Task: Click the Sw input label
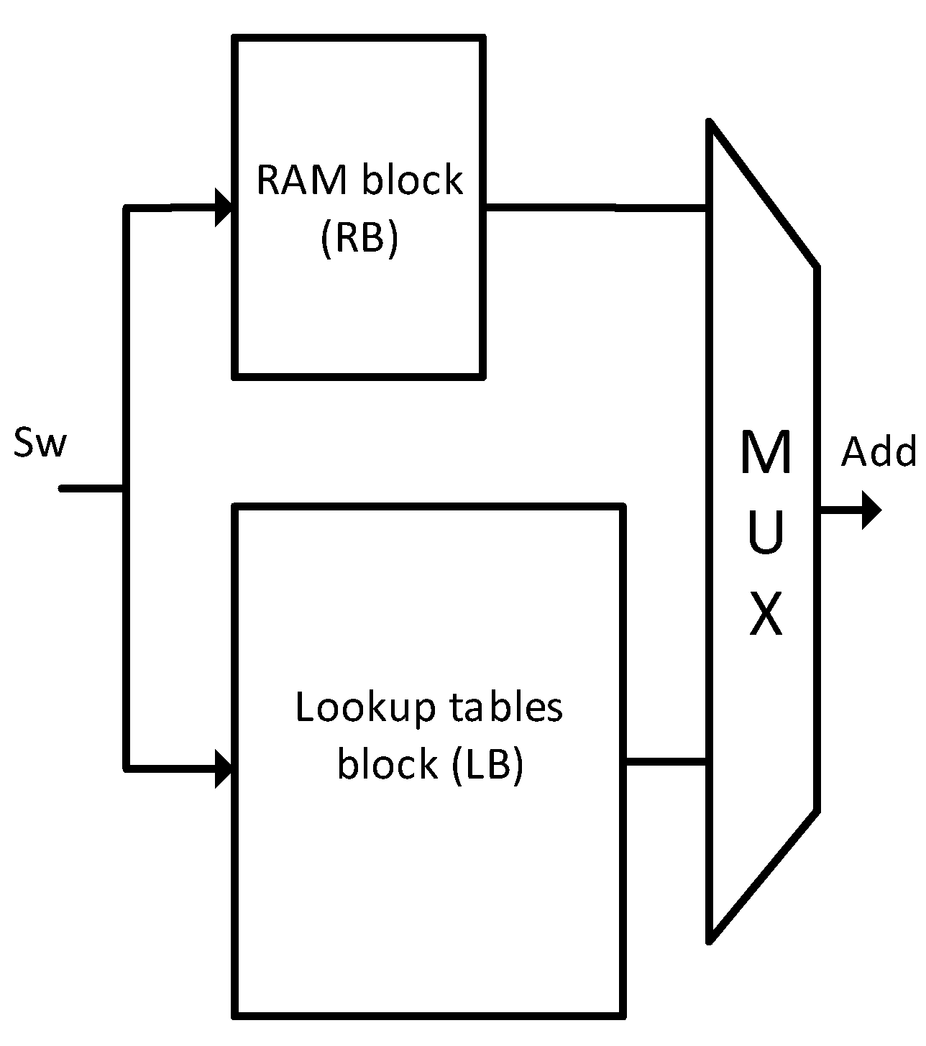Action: pos(40,444)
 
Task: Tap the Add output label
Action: pos(879,453)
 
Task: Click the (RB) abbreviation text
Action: pos(358,237)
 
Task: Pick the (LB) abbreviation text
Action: pos(487,764)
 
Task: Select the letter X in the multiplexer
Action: pos(765,615)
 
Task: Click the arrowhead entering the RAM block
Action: pos(224,208)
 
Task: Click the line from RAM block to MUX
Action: pos(597,208)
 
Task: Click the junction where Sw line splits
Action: pos(127,489)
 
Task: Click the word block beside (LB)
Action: pos(388,764)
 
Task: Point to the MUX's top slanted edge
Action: pos(764,194)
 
